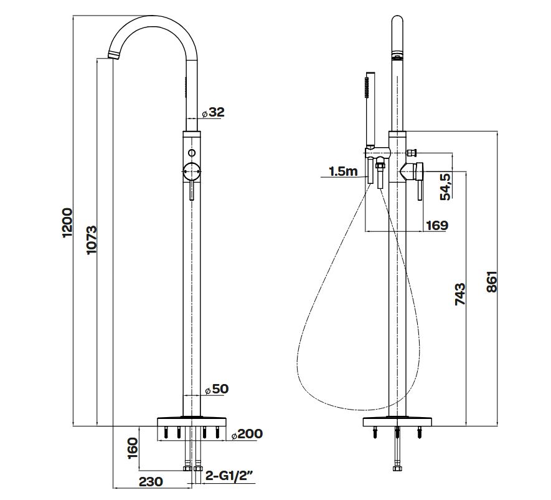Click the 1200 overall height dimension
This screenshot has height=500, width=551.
[67, 223]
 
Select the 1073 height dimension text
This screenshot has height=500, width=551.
[92, 240]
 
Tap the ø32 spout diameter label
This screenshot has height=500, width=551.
[213, 112]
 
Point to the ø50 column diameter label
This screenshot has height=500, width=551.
[217, 389]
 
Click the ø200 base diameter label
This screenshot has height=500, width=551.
[247, 434]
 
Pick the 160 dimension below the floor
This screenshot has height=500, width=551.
[133, 448]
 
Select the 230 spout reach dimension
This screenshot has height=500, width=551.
[151, 481]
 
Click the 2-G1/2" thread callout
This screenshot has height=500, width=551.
[229, 476]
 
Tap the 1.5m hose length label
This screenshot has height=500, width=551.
[343, 171]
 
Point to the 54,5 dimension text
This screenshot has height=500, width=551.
[446, 186]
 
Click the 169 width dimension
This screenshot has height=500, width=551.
[437, 225]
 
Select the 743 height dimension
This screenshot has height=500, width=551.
[460, 294]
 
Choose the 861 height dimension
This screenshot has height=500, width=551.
[492, 282]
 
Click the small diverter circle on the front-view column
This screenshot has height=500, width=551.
[192, 153]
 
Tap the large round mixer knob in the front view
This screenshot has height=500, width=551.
[192, 171]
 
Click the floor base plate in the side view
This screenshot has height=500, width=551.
[397, 421]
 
